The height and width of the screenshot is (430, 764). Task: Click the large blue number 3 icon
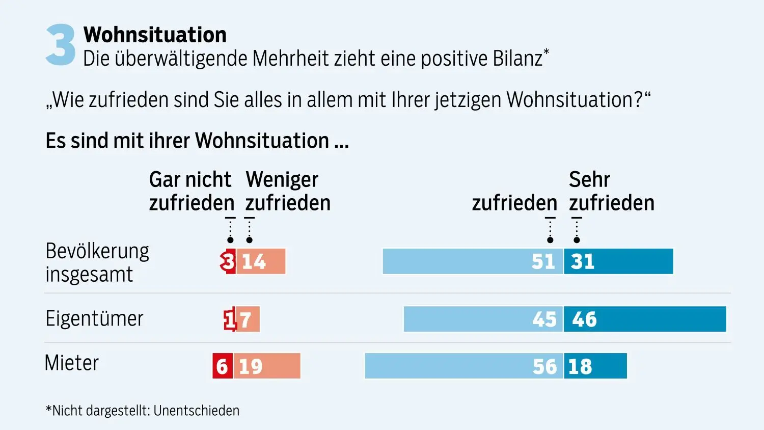coord(61,45)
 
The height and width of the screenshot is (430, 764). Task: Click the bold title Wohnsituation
coord(155,35)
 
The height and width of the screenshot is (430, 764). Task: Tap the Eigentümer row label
coord(94,318)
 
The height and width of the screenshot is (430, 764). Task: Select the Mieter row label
coord(71,363)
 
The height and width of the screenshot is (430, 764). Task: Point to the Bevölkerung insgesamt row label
coord(97,262)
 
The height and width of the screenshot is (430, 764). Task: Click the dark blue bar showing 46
coord(645,319)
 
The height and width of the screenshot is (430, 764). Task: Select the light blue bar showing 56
coord(463,366)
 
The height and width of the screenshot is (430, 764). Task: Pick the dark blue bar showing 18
coord(595,366)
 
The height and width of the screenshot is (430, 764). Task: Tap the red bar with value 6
coord(223,366)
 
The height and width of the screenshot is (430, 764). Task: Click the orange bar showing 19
coord(267,366)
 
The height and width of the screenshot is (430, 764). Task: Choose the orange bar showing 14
coord(261,261)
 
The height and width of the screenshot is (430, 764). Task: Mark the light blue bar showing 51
coord(473,261)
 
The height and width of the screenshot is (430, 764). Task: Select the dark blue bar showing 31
coord(618,261)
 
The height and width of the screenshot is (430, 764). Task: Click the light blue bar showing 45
coord(483,319)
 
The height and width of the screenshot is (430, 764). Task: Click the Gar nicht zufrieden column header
coord(191,191)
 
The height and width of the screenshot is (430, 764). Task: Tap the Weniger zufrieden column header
coord(288,191)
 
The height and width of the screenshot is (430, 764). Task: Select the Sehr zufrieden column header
coord(611,191)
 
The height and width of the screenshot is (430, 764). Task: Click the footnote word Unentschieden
coord(196,411)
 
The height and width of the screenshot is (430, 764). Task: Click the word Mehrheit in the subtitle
coord(291,59)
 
